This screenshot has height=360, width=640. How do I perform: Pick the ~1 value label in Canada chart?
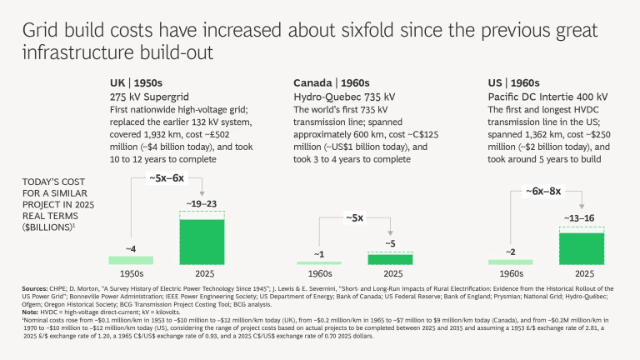click(x=320, y=253)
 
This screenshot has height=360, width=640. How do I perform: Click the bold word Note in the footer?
click(x=30, y=312)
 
